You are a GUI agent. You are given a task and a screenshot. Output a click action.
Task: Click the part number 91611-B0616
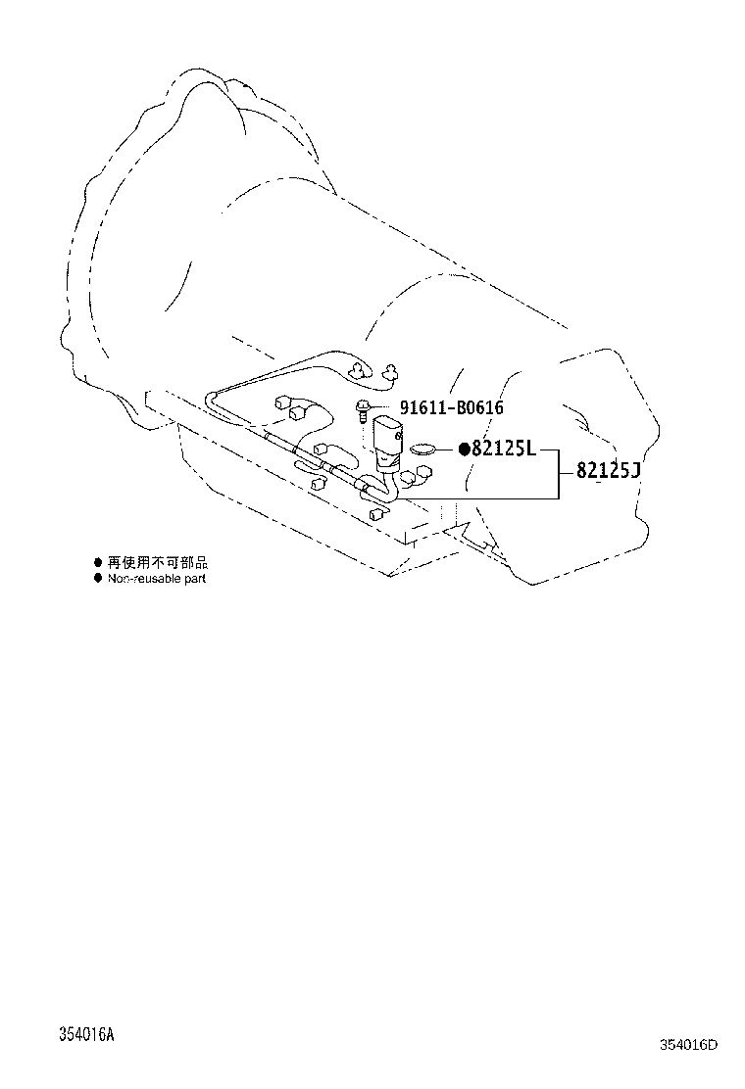(x=451, y=407)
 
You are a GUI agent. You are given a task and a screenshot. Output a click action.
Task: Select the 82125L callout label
(x=504, y=449)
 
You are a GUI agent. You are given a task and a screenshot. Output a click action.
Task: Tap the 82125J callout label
(x=608, y=471)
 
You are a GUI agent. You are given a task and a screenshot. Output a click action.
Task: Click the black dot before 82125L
(x=465, y=450)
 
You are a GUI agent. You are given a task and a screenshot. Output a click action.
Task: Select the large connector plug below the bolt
(x=387, y=442)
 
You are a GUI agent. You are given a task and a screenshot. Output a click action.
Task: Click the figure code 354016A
(x=86, y=1034)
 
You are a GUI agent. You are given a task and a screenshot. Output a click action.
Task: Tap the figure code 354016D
(x=689, y=1045)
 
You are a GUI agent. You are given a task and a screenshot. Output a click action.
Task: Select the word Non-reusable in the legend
(x=143, y=579)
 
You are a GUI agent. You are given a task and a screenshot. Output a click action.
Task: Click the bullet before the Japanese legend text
(x=98, y=562)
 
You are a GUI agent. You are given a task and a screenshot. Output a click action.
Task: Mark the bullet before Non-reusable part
(x=98, y=579)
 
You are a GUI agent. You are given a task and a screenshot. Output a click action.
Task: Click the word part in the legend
(x=194, y=579)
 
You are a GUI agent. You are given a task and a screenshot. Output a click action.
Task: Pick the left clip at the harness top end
(x=359, y=370)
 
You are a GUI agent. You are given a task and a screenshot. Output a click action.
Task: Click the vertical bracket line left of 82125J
(x=558, y=474)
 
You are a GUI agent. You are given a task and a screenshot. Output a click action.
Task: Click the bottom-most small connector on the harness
(x=376, y=514)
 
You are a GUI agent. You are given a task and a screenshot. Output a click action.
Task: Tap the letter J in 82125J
(x=635, y=471)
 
